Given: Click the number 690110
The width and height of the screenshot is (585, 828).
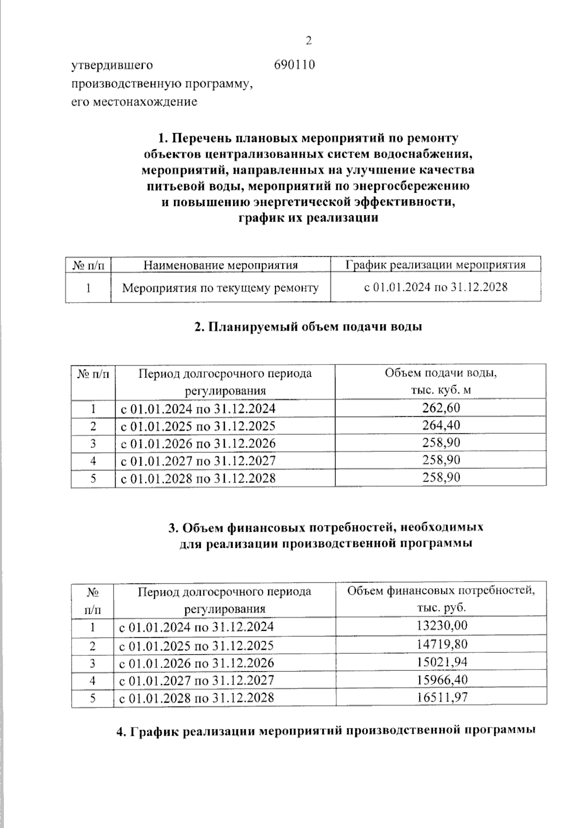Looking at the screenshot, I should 294,65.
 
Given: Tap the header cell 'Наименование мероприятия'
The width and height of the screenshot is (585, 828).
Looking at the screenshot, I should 220,265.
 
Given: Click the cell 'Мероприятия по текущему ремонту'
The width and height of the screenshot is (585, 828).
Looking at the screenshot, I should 220,288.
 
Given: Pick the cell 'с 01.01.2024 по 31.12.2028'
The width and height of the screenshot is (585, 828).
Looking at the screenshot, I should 436,287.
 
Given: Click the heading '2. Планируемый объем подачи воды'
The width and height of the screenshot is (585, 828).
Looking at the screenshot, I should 308,327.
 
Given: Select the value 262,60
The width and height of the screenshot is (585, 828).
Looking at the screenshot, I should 441,408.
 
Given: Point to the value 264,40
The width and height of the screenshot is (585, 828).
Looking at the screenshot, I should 441,425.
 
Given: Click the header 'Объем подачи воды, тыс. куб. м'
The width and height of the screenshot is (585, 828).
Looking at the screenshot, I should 441,382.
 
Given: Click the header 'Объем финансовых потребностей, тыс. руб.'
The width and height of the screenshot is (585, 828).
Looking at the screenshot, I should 441,600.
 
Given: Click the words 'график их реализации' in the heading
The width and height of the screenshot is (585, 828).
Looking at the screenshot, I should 308,218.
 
